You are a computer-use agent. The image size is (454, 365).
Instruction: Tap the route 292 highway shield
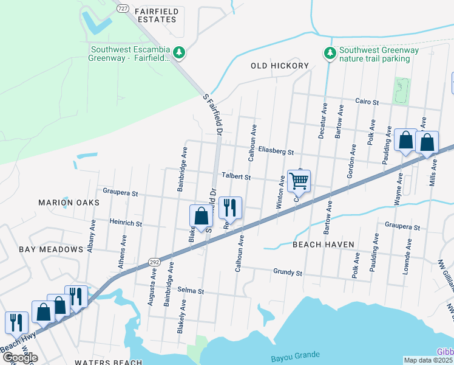click(x=154, y=262)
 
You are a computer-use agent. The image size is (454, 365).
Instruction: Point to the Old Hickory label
click(x=280, y=65)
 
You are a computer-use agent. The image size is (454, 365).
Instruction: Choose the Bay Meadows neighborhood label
click(x=51, y=249)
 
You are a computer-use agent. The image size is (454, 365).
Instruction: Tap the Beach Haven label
click(x=323, y=244)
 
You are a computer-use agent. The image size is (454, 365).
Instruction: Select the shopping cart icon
click(x=299, y=180)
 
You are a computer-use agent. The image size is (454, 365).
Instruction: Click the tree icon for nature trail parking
click(x=330, y=54)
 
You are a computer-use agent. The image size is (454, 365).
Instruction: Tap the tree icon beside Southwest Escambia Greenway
click(x=179, y=54)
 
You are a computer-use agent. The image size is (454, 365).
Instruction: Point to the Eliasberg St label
click(x=276, y=151)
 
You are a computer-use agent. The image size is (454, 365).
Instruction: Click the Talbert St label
click(x=236, y=177)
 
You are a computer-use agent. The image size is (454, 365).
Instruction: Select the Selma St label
click(x=190, y=291)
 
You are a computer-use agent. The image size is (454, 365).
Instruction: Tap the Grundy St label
click(x=288, y=273)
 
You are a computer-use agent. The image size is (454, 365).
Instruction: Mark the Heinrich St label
click(x=126, y=224)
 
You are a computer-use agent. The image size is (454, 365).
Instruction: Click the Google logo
click(x=20, y=358)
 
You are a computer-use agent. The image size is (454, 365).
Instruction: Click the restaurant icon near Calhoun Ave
click(x=230, y=207)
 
